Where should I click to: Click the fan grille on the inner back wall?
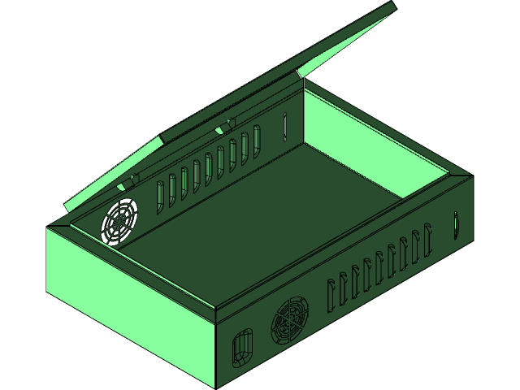(120, 220)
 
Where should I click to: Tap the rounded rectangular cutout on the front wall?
(242, 347)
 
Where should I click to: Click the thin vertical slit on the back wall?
(285, 126)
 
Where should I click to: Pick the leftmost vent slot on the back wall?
(160, 192)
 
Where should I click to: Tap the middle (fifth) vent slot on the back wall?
(209, 165)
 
